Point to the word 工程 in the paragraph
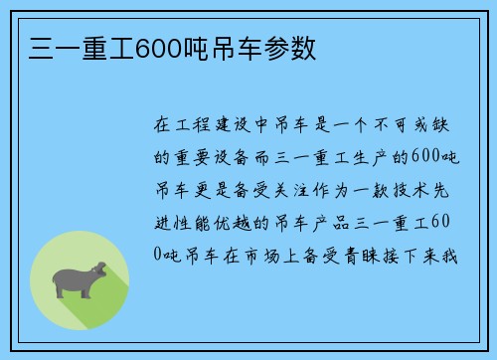click(200, 125)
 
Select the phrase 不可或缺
click(421, 125)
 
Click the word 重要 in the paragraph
click(200, 158)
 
